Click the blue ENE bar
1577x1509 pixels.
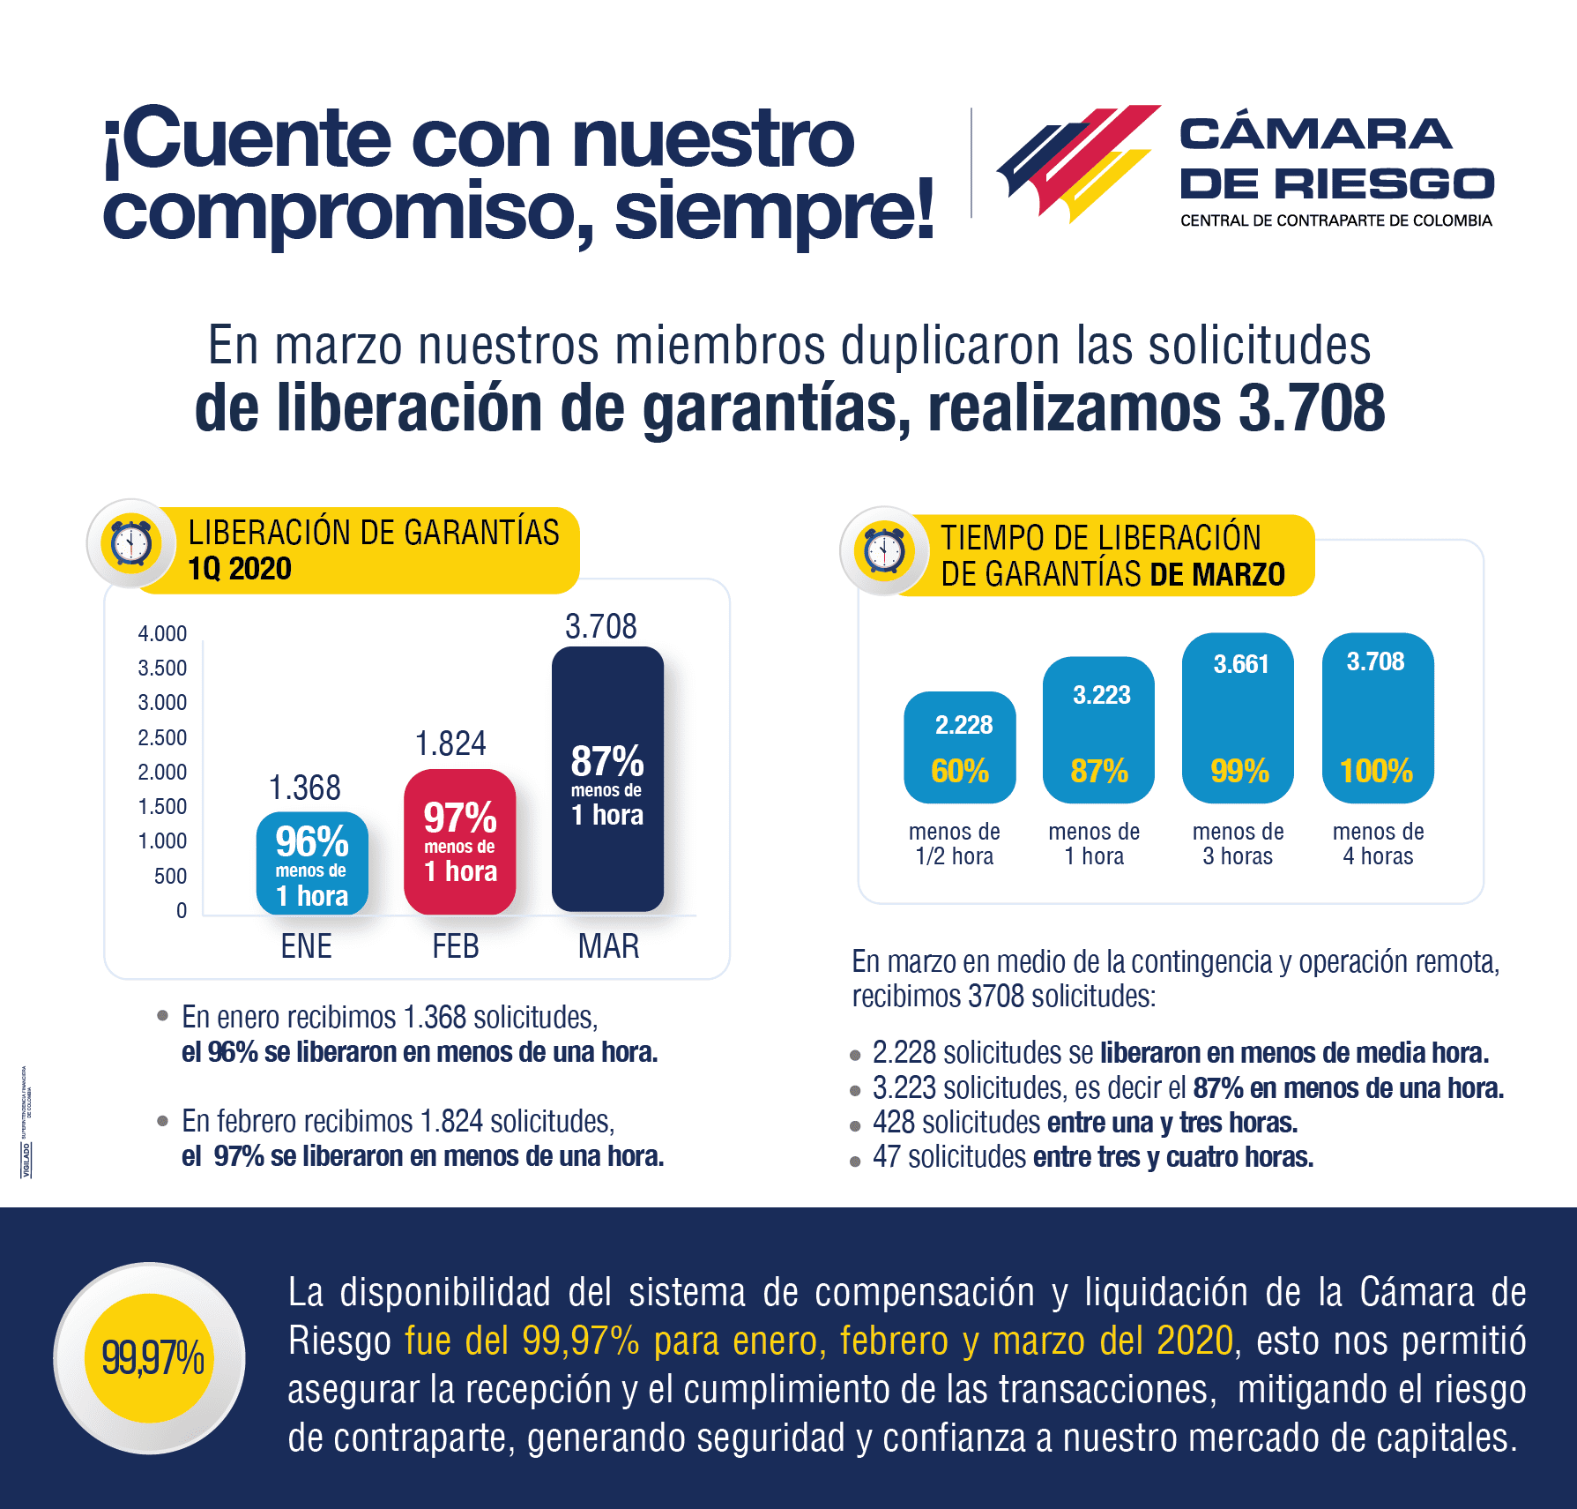pyautogui.click(x=312, y=863)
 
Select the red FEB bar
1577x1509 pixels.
pyautogui.click(x=459, y=841)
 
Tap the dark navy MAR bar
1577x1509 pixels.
pyautogui.click(x=607, y=779)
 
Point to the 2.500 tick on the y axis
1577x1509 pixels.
pyautogui.click(x=162, y=737)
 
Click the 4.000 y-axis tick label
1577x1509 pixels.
pyautogui.click(x=162, y=633)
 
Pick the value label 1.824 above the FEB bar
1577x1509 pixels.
pyautogui.click(x=450, y=743)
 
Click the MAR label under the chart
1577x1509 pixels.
pyautogui.click(x=608, y=946)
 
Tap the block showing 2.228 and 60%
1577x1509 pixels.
pyautogui.click(x=960, y=747)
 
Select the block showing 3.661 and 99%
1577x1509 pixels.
pyautogui.click(x=1238, y=718)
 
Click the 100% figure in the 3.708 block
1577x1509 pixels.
pyautogui.click(x=1376, y=772)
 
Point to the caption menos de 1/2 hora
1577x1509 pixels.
pyautogui.click(x=954, y=844)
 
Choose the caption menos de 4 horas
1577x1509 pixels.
pyautogui.click(x=1378, y=844)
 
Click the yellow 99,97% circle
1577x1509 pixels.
pyautogui.click(x=150, y=1357)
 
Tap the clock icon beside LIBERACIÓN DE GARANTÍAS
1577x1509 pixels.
pyautogui.click(x=131, y=543)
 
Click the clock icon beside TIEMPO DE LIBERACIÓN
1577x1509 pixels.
pyautogui.click(x=884, y=550)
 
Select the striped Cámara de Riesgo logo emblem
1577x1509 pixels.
pyautogui.click(x=1077, y=163)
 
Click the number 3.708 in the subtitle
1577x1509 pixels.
pyautogui.click(x=1311, y=408)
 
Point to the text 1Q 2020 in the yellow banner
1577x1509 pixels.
pyautogui.click(x=240, y=569)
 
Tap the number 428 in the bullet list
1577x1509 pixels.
pyautogui.click(x=893, y=1123)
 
